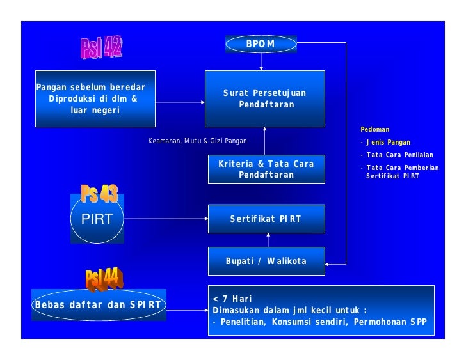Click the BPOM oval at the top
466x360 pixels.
[x=261, y=44]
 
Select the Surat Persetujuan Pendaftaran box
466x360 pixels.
[x=264, y=98]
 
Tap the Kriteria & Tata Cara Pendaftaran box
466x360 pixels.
[x=266, y=169]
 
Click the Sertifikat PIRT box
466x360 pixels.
[x=266, y=219]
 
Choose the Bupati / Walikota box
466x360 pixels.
[x=266, y=261]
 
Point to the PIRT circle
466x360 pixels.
[x=97, y=219]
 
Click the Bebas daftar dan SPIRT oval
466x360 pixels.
[x=98, y=305]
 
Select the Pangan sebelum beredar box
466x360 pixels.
[x=95, y=98]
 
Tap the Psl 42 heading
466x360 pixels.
[x=101, y=47]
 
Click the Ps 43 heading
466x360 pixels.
[x=99, y=193]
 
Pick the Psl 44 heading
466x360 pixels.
[x=104, y=278]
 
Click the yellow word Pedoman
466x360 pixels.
[x=374, y=129]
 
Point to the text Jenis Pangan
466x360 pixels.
[x=388, y=142]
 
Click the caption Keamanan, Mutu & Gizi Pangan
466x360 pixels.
[x=197, y=141]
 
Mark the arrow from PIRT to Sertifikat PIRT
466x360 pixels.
[x=165, y=219]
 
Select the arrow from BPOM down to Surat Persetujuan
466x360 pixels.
[x=261, y=61]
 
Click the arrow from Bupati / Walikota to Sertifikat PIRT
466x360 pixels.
[x=268, y=240]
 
